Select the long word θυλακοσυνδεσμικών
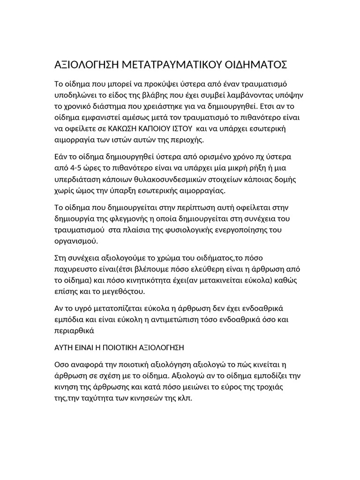coord(176,180)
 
